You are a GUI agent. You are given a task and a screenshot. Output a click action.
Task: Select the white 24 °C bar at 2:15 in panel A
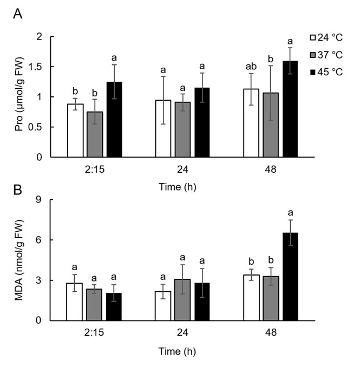pos(75,130)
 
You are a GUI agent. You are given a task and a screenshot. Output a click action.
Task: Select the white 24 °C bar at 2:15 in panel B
pos(75,302)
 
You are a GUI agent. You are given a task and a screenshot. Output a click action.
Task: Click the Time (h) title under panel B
pos(182,351)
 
